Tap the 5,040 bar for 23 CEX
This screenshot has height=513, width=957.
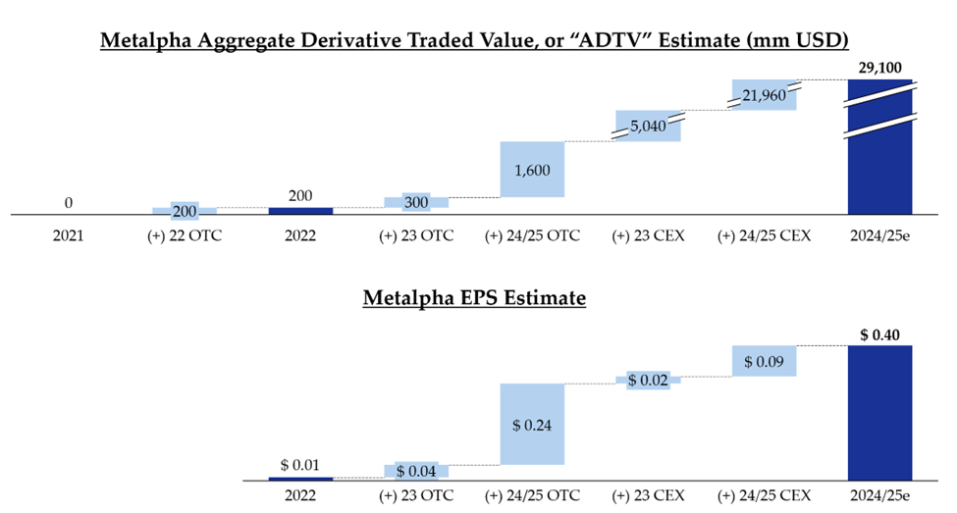(649, 127)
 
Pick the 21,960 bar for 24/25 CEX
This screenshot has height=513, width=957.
(764, 94)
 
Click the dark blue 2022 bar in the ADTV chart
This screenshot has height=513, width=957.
(300, 210)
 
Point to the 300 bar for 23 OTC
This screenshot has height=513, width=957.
(416, 201)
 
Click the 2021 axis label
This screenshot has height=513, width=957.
(68, 236)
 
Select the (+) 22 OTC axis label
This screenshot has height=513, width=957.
(185, 236)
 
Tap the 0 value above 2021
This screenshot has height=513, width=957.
(69, 203)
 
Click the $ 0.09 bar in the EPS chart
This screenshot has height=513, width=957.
(764, 361)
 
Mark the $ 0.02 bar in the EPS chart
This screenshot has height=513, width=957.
(648, 380)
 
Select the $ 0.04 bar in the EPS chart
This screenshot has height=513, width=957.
(416, 471)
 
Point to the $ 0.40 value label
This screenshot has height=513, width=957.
(879, 335)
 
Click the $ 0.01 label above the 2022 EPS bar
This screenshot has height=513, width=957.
(300, 465)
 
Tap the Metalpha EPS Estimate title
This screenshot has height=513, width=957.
(474, 297)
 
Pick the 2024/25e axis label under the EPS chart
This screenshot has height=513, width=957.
(879, 495)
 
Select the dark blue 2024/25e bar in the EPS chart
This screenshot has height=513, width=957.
(879, 412)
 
